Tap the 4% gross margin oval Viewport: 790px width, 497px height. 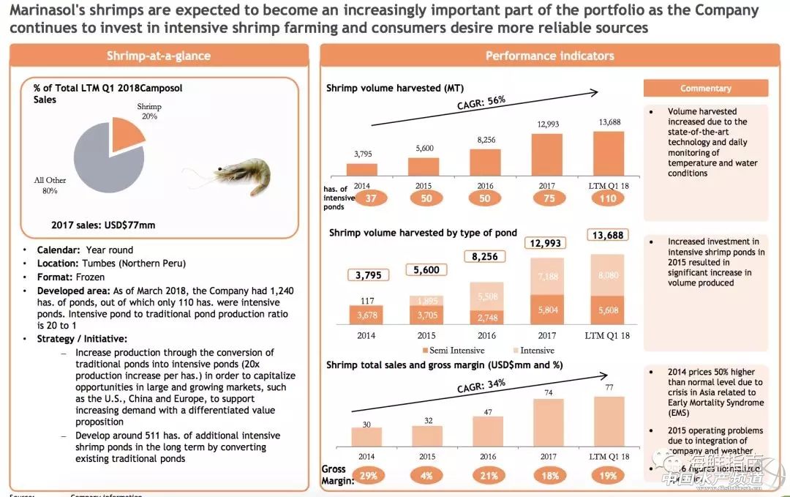[426, 476]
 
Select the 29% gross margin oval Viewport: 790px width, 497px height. [368, 476]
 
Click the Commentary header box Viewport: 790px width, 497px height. [705, 89]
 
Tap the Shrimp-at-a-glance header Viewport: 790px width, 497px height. [158, 56]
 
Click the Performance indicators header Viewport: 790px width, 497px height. [550, 56]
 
